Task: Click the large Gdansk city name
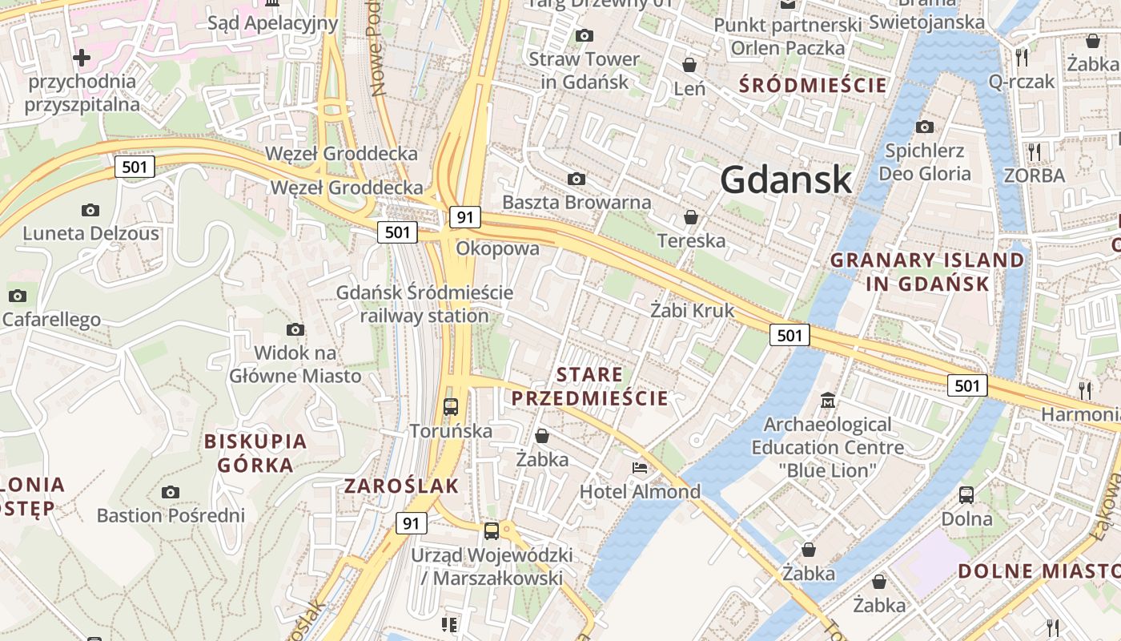[x=786, y=179]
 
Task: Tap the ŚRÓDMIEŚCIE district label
[x=814, y=85]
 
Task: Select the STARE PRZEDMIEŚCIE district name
[x=589, y=386]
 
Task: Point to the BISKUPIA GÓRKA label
[x=255, y=453]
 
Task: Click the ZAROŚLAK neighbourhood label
[x=401, y=486]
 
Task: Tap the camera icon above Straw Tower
[x=585, y=35]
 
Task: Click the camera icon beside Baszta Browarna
[x=576, y=179]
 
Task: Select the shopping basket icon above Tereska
[x=690, y=217]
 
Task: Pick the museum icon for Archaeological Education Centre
[x=827, y=400]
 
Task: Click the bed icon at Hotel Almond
[x=640, y=468]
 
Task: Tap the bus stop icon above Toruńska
[x=451, y=406]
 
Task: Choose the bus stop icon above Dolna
[x=966, y=494]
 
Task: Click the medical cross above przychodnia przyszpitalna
[x=81, y=58]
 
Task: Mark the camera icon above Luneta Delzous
[x=90, y=210]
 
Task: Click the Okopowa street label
[x=497, y=249]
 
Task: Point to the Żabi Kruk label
[x=692, y=310]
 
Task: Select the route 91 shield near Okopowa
[x=464, y=217]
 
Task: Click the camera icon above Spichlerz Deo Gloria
[x=925, y=127]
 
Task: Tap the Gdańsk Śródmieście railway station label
[x=424, y=304]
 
